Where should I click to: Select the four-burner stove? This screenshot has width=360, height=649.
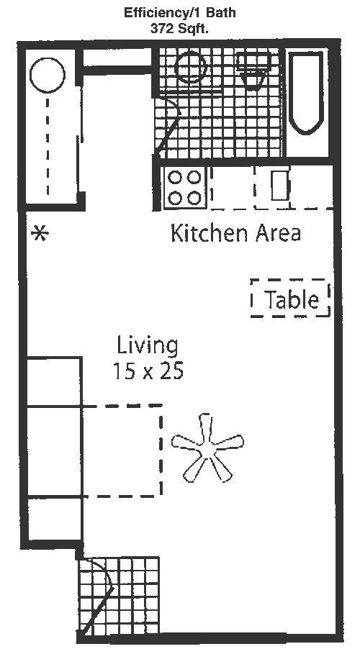185,188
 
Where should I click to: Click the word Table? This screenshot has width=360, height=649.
292,299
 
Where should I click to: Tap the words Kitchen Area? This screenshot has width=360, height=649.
235,233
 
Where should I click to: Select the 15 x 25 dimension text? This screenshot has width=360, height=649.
148,371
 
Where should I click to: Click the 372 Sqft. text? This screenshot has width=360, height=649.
180,29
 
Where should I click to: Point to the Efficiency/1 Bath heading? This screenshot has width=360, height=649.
180,12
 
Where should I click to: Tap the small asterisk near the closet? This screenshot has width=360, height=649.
40,234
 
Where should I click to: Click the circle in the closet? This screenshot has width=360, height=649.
48,75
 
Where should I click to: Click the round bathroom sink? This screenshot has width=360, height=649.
190,68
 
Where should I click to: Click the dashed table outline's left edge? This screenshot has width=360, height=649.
252,299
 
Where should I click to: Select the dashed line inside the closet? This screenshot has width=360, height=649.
48,145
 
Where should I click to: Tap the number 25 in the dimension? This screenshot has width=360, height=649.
171,371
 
